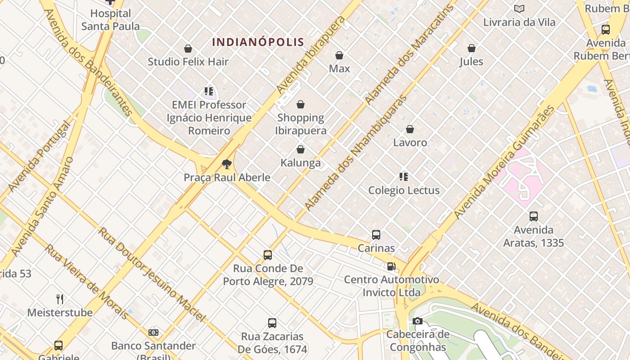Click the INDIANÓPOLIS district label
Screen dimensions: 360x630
[x=258, y=42]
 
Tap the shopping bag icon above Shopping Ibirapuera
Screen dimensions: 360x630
[x=301, y=105]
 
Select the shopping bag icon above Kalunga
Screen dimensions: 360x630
[x=301, y=149]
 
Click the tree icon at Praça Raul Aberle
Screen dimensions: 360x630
[x=227, y=164]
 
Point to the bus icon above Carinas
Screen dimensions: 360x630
[x=376, y=234]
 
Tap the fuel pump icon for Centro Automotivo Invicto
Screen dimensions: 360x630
[x=391, y=266]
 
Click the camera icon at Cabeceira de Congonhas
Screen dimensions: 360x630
[x=418, y=321]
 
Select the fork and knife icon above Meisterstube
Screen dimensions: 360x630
[x=60, y=299]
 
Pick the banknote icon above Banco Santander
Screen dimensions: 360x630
[x=153, y=333]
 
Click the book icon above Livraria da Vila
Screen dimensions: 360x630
[x=519, y=9]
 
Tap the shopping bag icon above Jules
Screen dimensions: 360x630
[x=472, y=48]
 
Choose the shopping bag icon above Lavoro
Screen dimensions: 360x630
[x=410, y=129]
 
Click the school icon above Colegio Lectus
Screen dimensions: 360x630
[x=404, y=177]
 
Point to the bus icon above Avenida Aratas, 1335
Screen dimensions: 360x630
[x=534, y=216]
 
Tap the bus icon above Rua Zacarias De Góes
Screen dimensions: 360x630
[x=272, y=323]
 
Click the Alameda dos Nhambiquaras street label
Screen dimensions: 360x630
[x=355, y=153]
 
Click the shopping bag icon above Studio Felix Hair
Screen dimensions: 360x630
[x=188, y=48]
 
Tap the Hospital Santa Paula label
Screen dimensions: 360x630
[x=110, y=20]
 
